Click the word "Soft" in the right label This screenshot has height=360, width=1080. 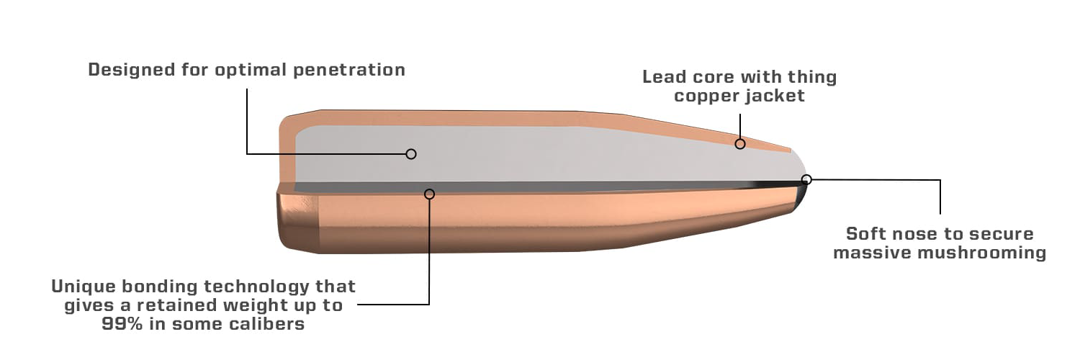coord(868,234)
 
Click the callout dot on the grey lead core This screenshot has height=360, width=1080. coord(411,153)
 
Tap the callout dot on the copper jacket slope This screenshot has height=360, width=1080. coord(739,144)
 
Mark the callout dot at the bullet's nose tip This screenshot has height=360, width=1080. coord(806,179)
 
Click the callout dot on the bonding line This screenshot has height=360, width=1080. coord(430,194)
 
